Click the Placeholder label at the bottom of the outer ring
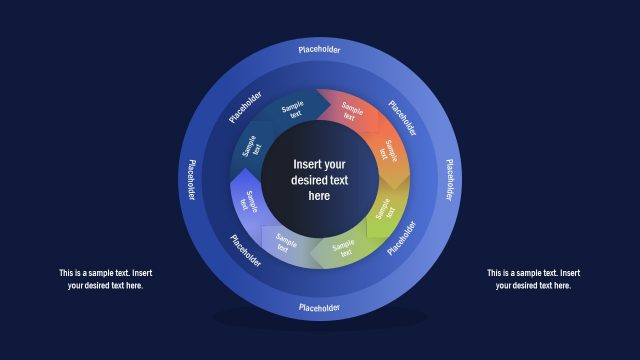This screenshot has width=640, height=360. point(319,307)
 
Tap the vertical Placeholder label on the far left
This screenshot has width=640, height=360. point(190,178)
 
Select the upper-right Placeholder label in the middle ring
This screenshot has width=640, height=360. point(403,117)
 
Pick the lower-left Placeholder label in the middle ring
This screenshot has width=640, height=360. point(246,251)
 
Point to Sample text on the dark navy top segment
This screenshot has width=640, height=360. point(293,110)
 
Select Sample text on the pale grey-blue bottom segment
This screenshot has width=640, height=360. point(286,243)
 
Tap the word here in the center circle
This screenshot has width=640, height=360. point(319,196)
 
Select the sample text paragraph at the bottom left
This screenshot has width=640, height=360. point(105,279)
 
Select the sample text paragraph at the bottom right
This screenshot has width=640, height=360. point(533,279)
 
